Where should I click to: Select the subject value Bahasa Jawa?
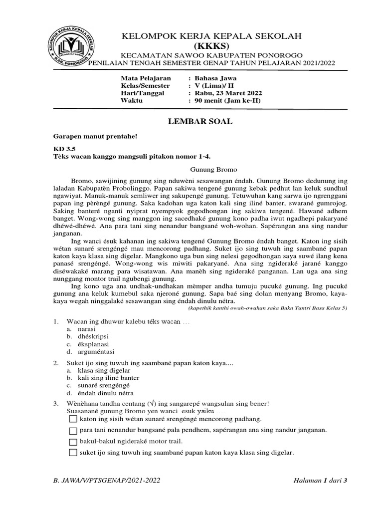[216, 78]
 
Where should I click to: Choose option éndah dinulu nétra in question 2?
[106, 393]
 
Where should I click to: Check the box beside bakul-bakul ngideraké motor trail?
[73, 442]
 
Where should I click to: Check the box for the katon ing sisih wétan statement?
[73, 420]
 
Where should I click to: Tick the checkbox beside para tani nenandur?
[73, 431]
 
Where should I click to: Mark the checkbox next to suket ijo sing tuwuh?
[73, 453]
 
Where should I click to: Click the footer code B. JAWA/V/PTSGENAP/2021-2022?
[106, 480]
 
